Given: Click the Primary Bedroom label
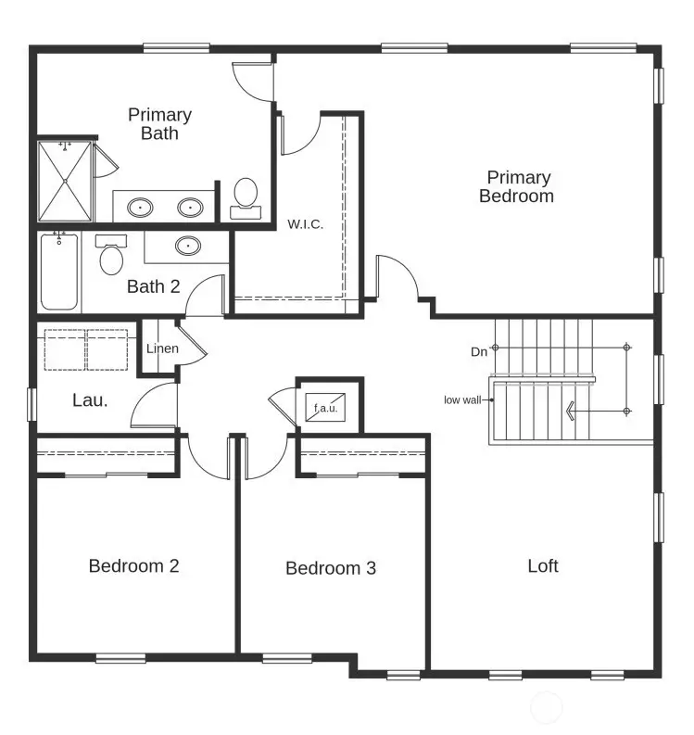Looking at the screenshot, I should pyautogui.click(x=517, y=186).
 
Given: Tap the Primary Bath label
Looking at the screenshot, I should pyautogui.click(x=159, y=124).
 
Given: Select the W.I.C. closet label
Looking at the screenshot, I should pyautogui.click(x=305, y=224).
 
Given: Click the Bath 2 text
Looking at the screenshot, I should pyautogui.click(x=153, y=286).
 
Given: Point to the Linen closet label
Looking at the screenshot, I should pyautogui.click(x=162, y=348).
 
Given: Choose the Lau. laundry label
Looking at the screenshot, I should pyautogui.click(x=90, y=401).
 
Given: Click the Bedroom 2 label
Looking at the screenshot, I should pyautogui.click(x=133, y=565).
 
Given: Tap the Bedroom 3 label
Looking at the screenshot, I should pyautogui.click(x=330, y=568).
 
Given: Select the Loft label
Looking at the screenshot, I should pyautogui.click(x=542, y=565).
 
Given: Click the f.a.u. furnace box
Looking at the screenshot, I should pyautogui.click(x=325, y=406).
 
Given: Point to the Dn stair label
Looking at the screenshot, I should pyautogui.click(x=479, y=351).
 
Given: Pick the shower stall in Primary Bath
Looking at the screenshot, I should pyautogui.click(x=66, y=181).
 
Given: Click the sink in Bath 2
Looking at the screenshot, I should pyautogui.click(x=188, y=247).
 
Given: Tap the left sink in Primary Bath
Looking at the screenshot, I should pyautogui.click(x=141, y=207).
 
